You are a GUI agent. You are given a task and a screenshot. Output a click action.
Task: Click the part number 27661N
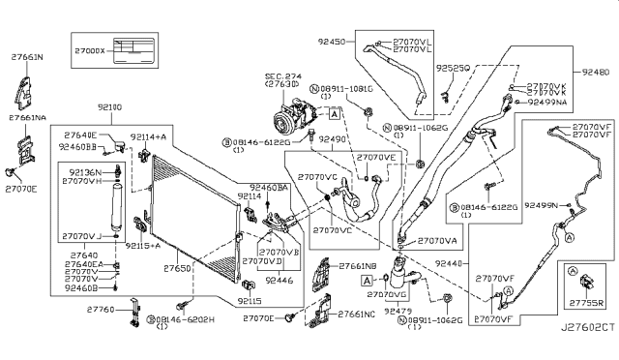point(26,57)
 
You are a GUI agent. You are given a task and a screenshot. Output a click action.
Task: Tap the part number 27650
point(176,266)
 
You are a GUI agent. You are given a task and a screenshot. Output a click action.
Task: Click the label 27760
point(101,310)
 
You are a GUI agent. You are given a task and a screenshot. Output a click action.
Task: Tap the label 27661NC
point(354,315)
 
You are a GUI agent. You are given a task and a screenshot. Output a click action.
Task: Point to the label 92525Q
point(452,69)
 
